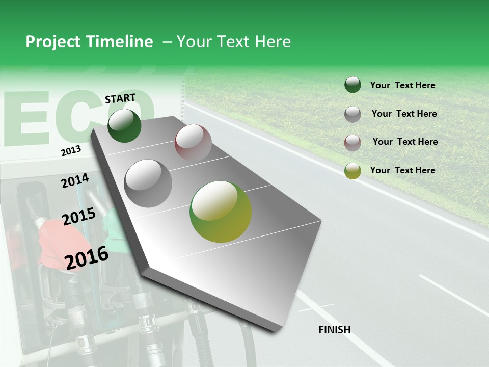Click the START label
pos(120,98)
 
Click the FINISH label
pos(335,330)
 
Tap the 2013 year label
pos(71,151)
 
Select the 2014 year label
pos(75,181)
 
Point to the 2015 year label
pos(79,217)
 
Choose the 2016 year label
pos(87,258)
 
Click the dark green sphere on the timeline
pos(124,126)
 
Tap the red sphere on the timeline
pos(193,142)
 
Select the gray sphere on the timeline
pos(148,183)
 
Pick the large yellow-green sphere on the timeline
pos(221,212)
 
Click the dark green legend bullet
pos(352,85)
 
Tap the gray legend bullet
pos(352,114)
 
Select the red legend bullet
pos(352,142)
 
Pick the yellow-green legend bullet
pos(352,171)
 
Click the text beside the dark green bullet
pos(402,86)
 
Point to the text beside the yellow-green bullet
pos(402,170)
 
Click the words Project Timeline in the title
pos(89,42)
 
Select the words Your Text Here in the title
pos(234,42)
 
